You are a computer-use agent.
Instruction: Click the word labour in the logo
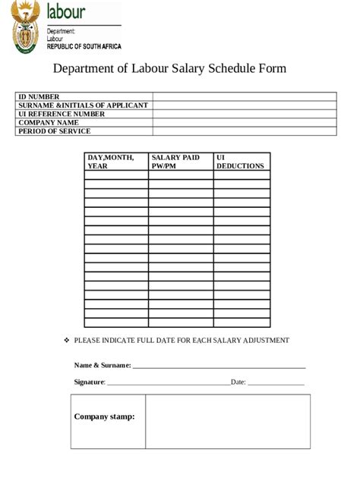pyautogui.click(x=66, y=11)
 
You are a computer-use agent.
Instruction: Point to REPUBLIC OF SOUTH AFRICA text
pyautogui.click(x=84, y=47)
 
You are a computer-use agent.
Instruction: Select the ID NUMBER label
pyautogui.click(x=39, y=97)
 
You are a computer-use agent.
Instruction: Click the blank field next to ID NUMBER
pyautogui.click(x=244, y=97)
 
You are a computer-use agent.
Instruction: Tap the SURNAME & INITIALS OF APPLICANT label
pyautogui.click(x=83, y=105)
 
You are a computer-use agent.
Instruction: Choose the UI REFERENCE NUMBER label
pyautogui.click(x=62, y=114)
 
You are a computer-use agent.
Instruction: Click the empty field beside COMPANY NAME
pyautogui.click(x=244, y=123)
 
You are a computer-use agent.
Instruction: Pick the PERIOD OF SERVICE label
pyautogui.click(x=54, y=131)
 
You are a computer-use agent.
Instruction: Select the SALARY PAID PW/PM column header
pyautogui.click(x=175, y=162)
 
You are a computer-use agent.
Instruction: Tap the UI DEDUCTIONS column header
pyautogui.click(x=240, y=162)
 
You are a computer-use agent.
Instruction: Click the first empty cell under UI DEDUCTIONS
pyautogui.click(x=242, y=175)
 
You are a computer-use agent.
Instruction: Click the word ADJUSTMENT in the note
pyautogui.click(x=264, y=341)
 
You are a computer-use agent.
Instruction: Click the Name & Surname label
pyautogui.click(x=102, y=366)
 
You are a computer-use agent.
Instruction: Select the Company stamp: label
pyautogui.click(x=104, y=417)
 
